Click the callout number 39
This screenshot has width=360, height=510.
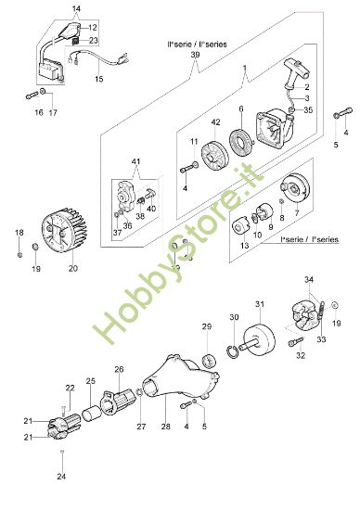click(x=195, y=56)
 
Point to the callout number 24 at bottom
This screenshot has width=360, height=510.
click(x=60, y=477)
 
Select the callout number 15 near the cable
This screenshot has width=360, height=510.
click(x=99, y=80)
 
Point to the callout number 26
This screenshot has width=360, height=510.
click(x=119, y=369)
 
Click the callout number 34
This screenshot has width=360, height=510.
click(x=310, y=278)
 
